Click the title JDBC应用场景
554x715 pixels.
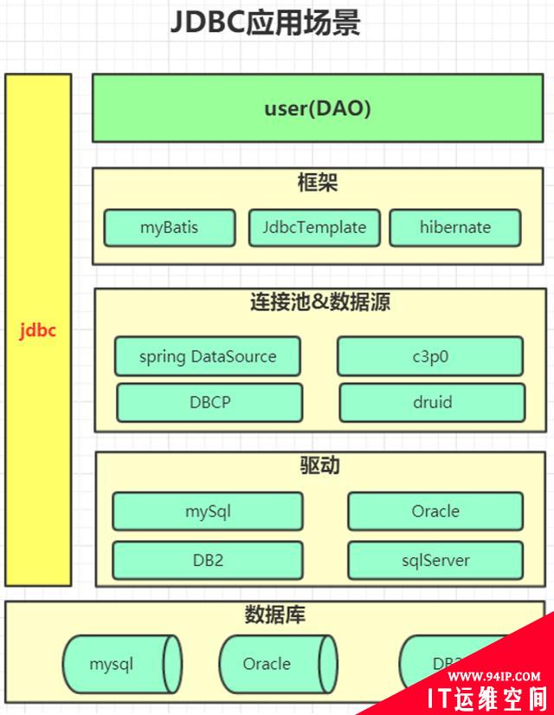265,23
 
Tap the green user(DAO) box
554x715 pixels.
318,108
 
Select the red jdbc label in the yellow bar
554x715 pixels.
38,330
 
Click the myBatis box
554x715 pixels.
170,228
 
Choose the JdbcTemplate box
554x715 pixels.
314,228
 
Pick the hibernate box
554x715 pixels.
455,228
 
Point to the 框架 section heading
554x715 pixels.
317,183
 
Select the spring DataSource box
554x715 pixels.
208,356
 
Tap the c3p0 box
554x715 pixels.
430,356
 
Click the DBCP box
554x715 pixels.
209,402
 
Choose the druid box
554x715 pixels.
432,402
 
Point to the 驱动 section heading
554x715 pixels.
319,465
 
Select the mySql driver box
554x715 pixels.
208,511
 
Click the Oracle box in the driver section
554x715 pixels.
435,511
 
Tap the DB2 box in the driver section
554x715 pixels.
208,560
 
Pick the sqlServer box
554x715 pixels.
435,560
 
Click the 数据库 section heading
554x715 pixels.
274,616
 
